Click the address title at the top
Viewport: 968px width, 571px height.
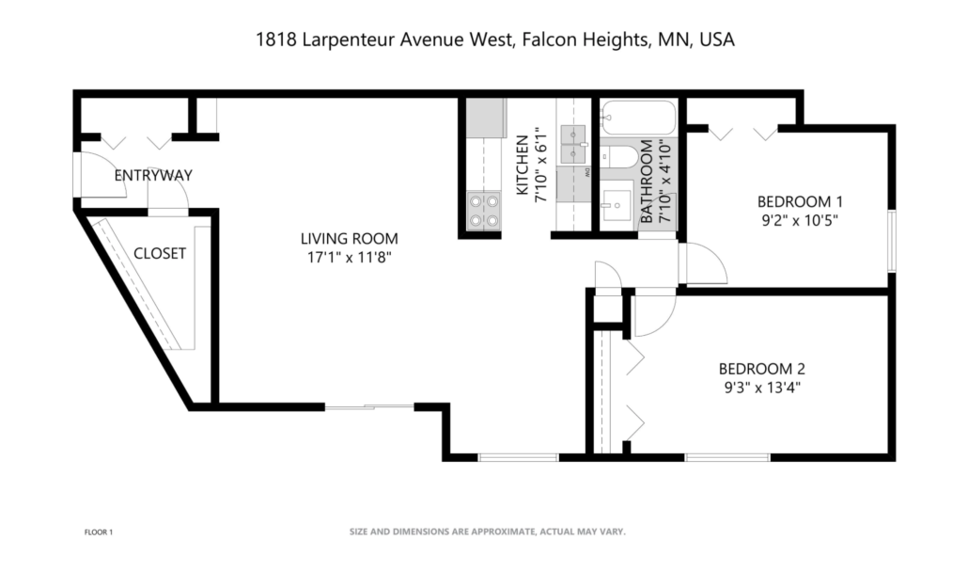[x=494, y=40]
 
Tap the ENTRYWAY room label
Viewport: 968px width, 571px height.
[x=153, y=176]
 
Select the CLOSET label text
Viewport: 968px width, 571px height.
[x=159, y=253]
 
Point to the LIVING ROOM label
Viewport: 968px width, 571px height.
[x=349, y=238]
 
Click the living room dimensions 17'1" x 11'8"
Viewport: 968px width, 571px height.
[x=349, y=257]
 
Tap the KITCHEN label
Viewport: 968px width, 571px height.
[x=522, y=167]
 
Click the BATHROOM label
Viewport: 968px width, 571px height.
[x=647, y=182]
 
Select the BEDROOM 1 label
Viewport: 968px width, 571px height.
[x=800, y=201]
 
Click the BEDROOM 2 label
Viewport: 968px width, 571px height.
[x=761, y=369]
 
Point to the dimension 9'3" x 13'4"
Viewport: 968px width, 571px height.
[x=761, y=387]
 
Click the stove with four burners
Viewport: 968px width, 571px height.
[x=483, y=211]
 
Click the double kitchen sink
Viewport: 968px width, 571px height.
[x=572, y=142]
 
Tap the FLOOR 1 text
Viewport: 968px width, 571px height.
[x=98, y=532]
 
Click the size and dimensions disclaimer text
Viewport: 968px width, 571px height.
[x=487, y=531]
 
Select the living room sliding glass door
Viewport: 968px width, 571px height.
[x=368, y=406]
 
